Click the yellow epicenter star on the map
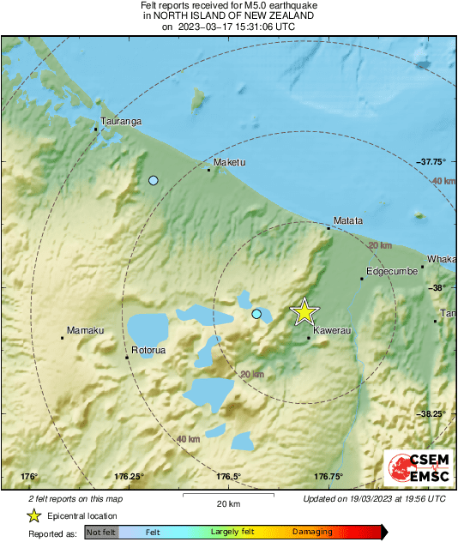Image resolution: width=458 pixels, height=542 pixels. (304, 312)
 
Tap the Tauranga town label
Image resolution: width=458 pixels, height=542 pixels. (121, 122)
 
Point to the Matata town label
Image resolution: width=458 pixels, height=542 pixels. (347, 220)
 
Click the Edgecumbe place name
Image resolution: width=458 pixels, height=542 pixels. (392, 271)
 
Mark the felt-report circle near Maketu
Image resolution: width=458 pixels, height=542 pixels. (154, 180)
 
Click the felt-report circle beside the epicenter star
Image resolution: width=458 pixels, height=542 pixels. (256, 315)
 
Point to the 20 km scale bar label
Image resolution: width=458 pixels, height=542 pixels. (228, 503)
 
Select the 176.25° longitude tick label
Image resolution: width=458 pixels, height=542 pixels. (130, 477)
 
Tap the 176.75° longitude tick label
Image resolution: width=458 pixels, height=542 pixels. (329, 477)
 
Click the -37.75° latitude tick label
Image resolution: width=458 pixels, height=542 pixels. (433, 161)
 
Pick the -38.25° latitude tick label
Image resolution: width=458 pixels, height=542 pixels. (433, 413)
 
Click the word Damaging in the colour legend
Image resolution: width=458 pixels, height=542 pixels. (312, 533)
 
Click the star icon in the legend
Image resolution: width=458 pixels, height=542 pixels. (34, 515)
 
